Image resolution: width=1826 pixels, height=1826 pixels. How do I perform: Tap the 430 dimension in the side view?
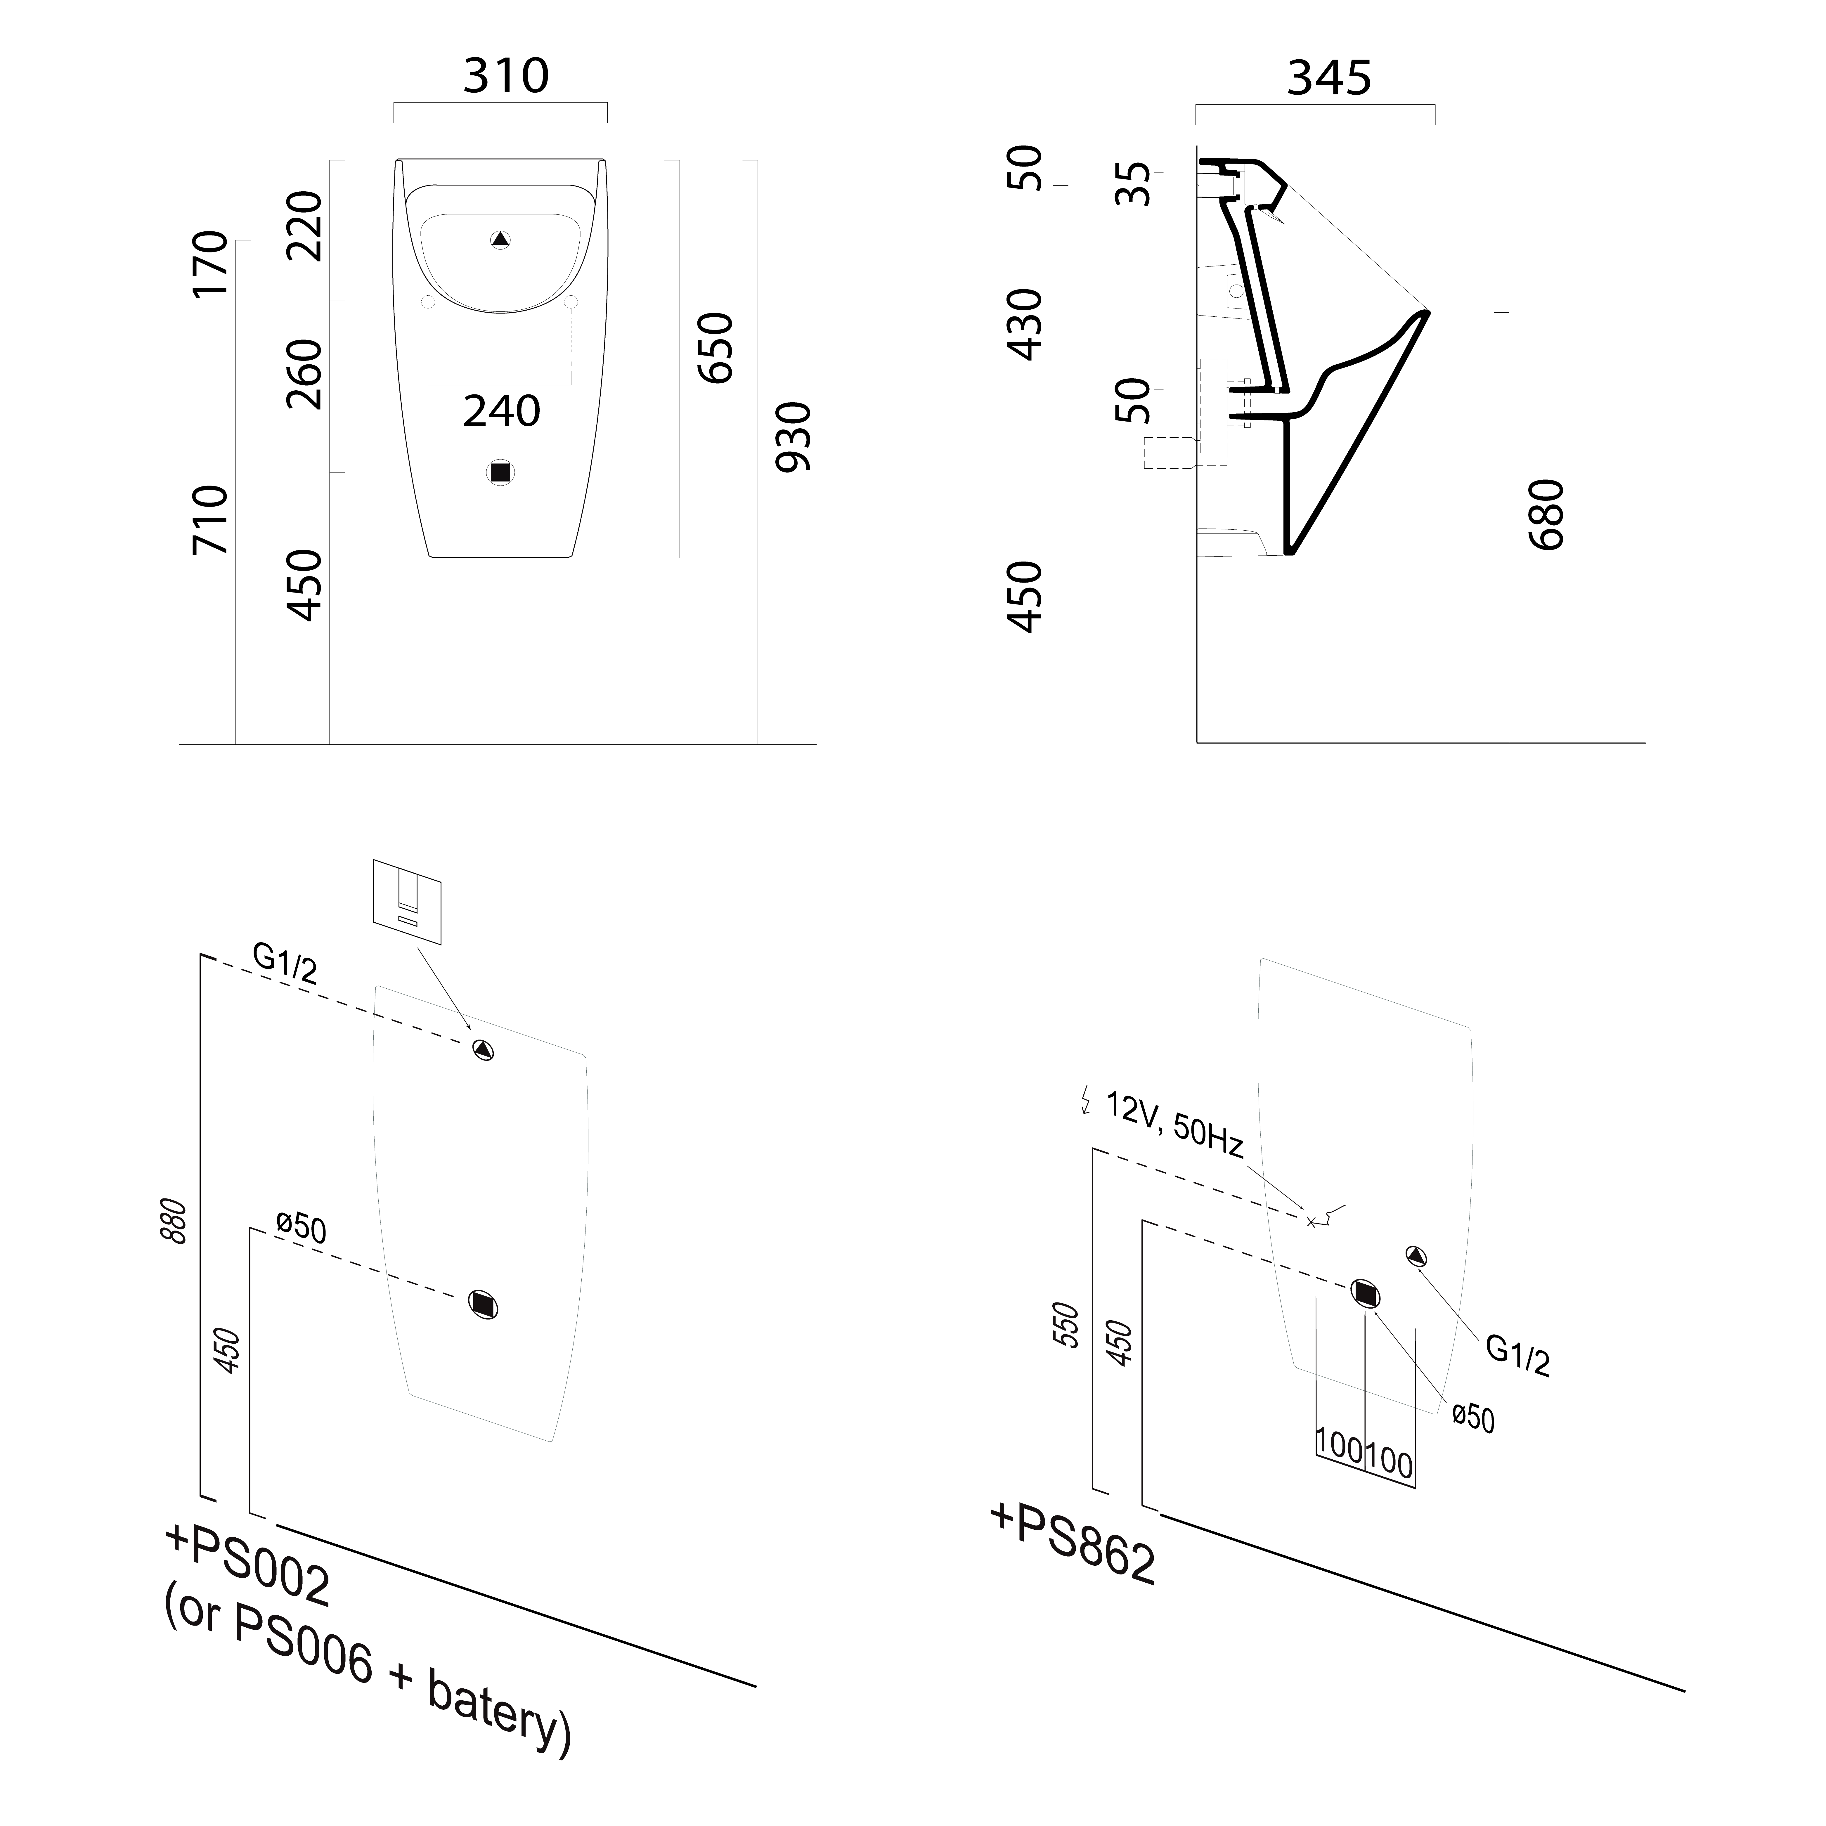point(1025,324)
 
